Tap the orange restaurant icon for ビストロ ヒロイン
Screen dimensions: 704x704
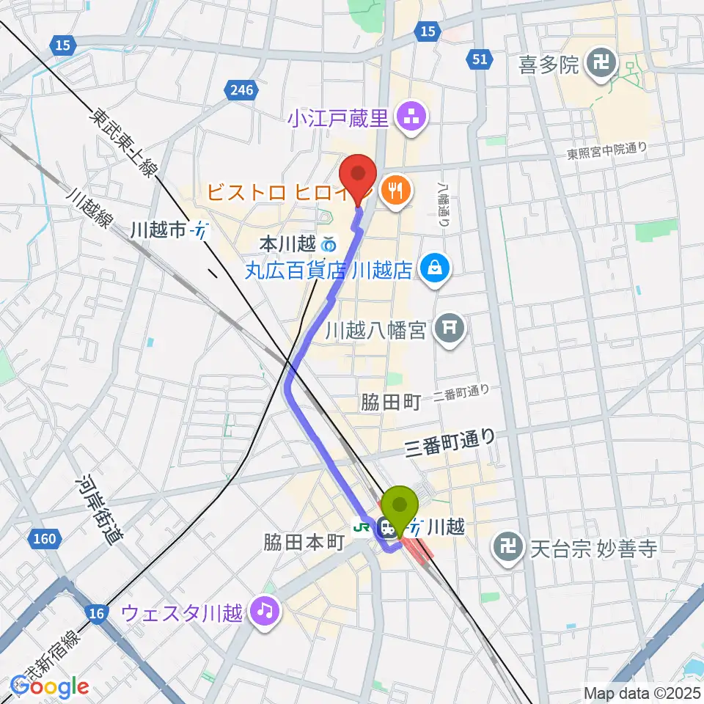pyautogui.click(x=397, y=192)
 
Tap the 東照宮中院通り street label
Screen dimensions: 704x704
pyautogui.click(x=607, y=151)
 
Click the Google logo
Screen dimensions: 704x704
pyautogui.click(x=49, y=686)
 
